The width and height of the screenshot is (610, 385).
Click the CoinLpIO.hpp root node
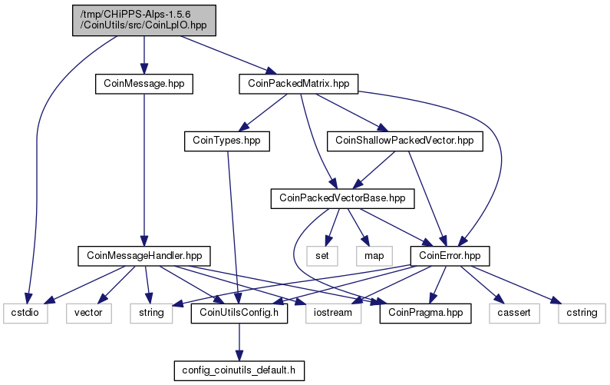point(144,21)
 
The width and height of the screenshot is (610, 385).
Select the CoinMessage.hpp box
point(144,84)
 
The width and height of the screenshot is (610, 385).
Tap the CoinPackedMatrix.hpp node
point(298,84)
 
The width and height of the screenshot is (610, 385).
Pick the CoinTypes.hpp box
point(227,141)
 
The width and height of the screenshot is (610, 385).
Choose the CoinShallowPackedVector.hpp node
point(404,141)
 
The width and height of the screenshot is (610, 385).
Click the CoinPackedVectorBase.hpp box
point(342,198)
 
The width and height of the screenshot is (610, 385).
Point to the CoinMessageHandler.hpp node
point(144,256)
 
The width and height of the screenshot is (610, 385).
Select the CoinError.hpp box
point(450,256)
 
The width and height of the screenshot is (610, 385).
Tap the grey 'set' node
point(321,256)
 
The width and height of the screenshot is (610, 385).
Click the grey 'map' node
point(374,256)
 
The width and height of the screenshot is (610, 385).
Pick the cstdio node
point(25,314)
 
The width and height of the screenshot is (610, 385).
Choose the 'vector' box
point(89,314)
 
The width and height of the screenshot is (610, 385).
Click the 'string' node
point(151,314)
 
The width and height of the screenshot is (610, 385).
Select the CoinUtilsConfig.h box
point(239,314)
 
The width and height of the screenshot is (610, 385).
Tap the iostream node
point(333,314)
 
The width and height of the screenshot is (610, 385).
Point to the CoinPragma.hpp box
point(425,314)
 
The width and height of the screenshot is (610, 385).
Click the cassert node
point(514,314)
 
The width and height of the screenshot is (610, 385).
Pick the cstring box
point(582,314)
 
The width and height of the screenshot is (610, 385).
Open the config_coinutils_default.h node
point(239,370)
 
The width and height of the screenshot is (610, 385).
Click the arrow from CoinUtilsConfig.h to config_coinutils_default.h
point(239,342)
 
